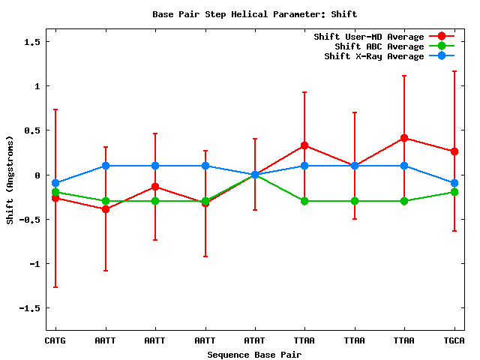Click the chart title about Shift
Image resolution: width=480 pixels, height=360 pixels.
(254, 14)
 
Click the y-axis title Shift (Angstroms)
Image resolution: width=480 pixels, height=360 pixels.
(10, 180)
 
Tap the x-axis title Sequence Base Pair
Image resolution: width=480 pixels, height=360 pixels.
(254, 354)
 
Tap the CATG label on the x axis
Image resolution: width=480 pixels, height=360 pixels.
(55, 340)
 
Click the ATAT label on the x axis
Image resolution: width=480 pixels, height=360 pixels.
(254, 340)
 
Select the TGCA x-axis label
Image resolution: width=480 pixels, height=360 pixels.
(454, 340)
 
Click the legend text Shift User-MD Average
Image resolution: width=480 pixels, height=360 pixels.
(368, 37)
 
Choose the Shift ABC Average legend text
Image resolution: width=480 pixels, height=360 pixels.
(373, 46)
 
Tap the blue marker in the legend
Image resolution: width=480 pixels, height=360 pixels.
(442, 56)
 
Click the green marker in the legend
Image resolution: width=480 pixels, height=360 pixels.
(442, 46)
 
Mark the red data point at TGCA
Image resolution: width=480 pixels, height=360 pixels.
(454, 151)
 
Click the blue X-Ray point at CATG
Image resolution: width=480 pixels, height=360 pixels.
(55, 183)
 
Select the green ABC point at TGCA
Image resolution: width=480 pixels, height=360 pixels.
(454, 192)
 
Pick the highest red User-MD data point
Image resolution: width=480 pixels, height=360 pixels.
(404, 138)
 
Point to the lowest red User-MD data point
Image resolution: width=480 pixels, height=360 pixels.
(106, 209)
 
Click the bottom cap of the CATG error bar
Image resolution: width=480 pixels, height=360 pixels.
(55, 287)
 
